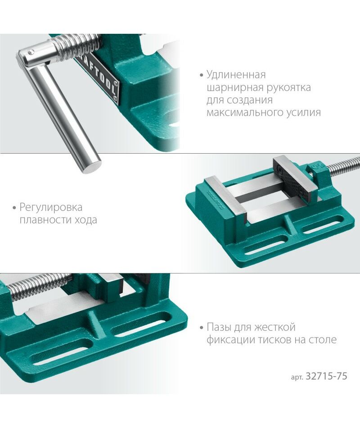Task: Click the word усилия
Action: point(303,113)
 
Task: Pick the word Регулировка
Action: point(51,208)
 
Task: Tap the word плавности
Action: point(41,220)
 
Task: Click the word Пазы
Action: point(219,327)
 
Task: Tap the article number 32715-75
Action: point(326,376)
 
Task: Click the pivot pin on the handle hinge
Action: point(31,51)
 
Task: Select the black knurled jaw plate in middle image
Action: point(289,178)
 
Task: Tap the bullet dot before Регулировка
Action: point(14,208)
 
